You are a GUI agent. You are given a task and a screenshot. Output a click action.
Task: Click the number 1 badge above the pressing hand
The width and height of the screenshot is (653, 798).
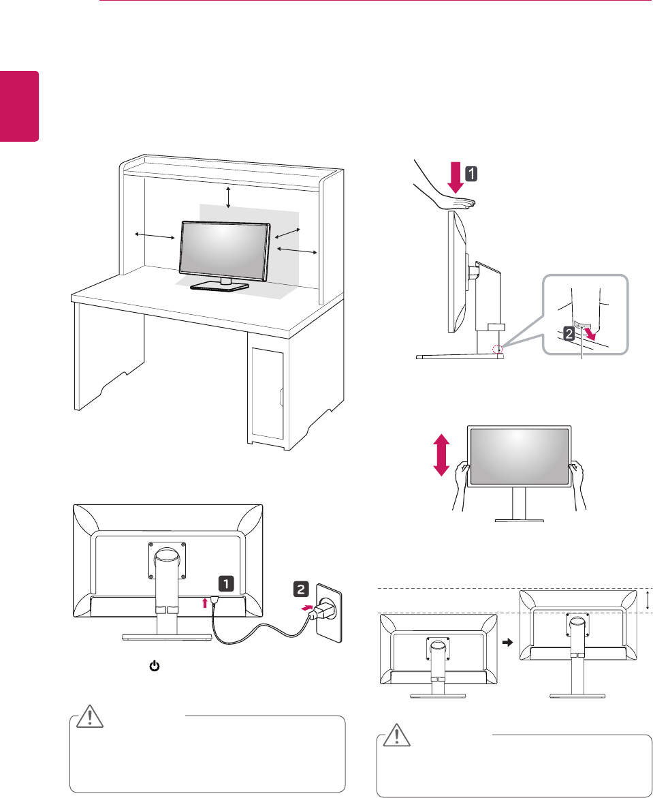tap(470, 174)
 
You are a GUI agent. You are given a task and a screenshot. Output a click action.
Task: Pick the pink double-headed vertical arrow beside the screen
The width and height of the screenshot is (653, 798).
tap(442, 457)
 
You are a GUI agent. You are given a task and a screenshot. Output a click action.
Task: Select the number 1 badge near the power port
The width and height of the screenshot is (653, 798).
tap(226, 583)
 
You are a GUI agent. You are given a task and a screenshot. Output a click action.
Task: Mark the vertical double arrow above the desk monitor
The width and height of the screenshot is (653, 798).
tap(228, 196)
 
